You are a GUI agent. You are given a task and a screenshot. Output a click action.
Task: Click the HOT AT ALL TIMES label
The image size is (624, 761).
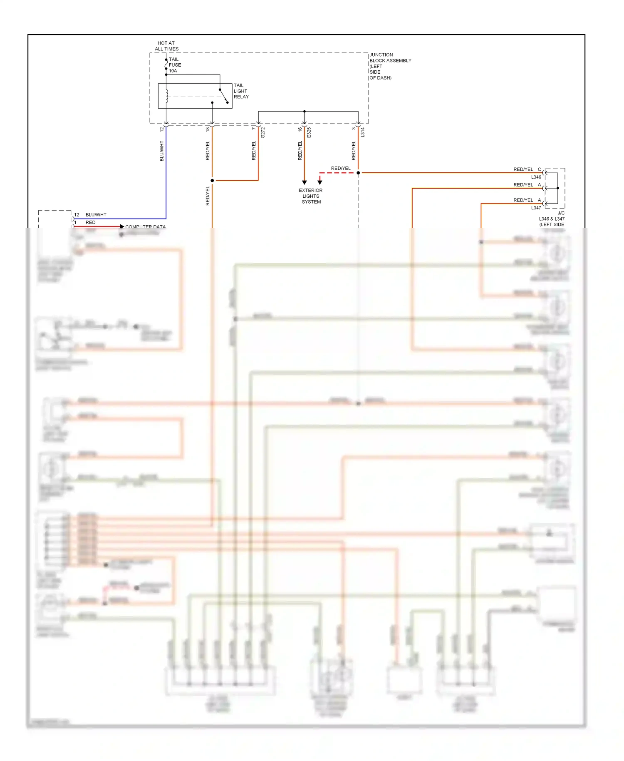pos(166,46)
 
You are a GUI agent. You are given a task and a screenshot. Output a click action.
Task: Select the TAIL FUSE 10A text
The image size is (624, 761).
pos(175,65)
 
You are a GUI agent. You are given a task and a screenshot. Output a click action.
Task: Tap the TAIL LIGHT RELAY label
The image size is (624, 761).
pos(241,91)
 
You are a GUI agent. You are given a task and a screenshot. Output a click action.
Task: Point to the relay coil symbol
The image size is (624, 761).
pos(167,96)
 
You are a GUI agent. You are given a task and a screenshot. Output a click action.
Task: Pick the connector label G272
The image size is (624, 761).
pos(262,133)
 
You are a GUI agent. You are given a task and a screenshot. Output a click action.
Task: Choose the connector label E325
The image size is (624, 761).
pos(309,133)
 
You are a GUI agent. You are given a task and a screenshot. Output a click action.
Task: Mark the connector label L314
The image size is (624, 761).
pos(362,132)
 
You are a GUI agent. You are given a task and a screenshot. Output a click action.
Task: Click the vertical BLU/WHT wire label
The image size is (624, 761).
pos(162,151)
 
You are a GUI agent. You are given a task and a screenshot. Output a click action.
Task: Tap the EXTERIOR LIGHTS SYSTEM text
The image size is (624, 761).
pos(311,196)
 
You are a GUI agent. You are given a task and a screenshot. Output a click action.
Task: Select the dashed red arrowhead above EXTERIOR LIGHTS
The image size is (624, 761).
pos(320,182)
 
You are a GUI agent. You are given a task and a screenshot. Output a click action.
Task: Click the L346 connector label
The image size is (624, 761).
pos(536,177)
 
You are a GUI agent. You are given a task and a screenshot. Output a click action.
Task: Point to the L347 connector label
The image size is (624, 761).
pos(536,207)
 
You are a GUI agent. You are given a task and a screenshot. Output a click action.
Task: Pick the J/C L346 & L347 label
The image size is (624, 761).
pos(552,219)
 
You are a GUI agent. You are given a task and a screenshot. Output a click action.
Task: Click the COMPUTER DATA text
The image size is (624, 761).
pos(145,227)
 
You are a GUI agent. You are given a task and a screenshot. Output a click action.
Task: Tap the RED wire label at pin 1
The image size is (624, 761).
pos(90,222)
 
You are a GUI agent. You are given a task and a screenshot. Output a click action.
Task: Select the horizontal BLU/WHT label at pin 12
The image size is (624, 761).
pos(96,215)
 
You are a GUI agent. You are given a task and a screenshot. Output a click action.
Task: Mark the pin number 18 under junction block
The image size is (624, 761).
pos(208,129)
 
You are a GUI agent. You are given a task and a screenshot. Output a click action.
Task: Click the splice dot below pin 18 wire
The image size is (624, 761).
pos(212,180)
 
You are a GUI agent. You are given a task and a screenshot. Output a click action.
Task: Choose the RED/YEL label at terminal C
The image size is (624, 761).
pos(523,169)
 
